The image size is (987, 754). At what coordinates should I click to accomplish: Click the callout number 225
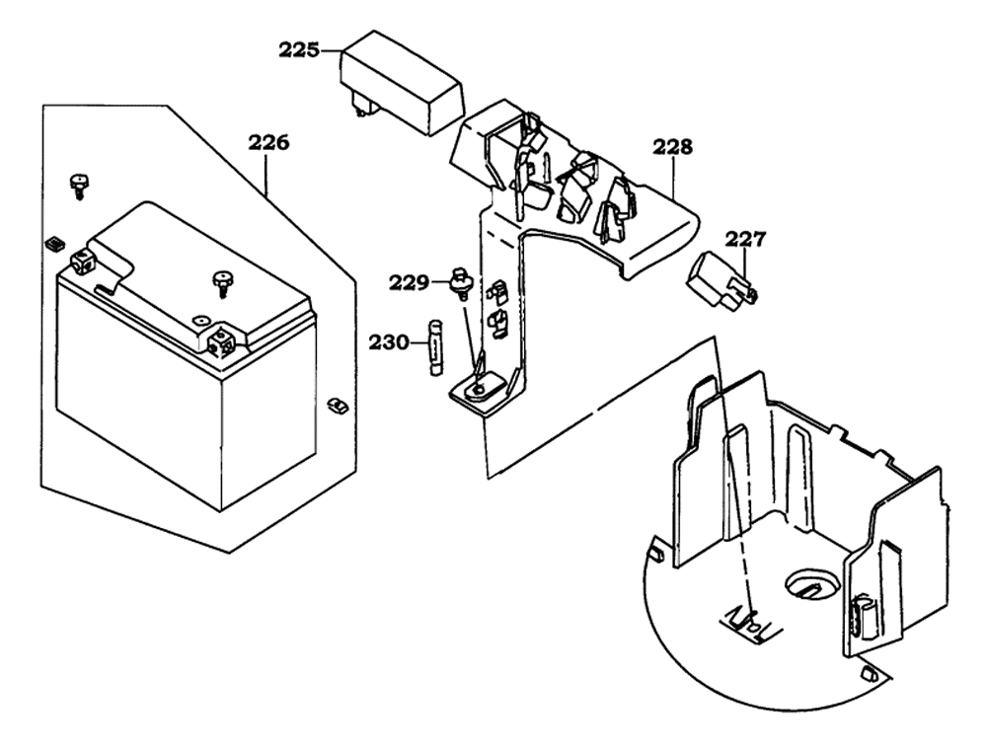click(299, 49)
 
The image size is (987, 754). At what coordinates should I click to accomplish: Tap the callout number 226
click(268, 143)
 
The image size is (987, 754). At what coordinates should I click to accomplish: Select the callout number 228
click(672, 147)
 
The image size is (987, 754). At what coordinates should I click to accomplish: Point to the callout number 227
click(745, 239)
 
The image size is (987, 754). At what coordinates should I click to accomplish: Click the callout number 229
click(409, 282)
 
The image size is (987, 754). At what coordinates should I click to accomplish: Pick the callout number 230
click(389, 343)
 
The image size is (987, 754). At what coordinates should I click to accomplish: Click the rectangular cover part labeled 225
click(402, 83)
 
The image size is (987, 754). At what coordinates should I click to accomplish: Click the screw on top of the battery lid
click(221, 282)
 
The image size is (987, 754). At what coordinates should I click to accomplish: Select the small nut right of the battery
click(338, 406)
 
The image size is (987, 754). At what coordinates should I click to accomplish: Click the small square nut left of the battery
click(53, 244)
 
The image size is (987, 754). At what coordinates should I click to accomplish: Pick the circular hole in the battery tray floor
click(811, 583)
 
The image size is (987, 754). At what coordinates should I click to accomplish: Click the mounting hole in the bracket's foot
click(479, 390)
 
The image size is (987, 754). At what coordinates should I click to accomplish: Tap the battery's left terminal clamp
click(83, 261)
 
